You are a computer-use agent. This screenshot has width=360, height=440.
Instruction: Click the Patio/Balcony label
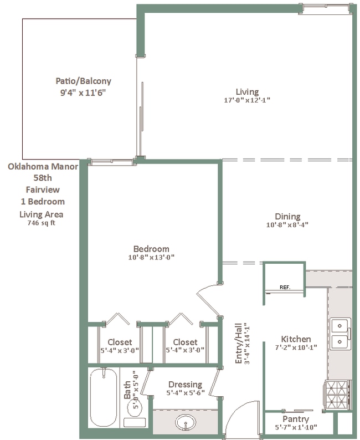point(83,81)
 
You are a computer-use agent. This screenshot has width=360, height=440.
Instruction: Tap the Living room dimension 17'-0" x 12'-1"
point(247,100)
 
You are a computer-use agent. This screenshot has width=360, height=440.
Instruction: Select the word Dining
point(287,217)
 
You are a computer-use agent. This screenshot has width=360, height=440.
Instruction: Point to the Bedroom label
point(151,249)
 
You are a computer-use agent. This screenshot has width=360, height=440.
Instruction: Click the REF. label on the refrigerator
point(285,288)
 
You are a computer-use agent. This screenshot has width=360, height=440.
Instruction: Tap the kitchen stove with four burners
point(337,395)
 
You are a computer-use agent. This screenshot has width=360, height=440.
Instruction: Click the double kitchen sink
point(340,334)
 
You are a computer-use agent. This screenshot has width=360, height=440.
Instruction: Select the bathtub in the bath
point(104,398)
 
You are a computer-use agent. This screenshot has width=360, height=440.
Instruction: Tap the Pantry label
point(296,419)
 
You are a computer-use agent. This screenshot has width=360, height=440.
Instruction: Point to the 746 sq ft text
point(41,223)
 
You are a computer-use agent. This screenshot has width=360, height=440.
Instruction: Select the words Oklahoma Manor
point(43,166)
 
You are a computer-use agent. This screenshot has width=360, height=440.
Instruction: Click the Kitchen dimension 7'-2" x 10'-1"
point(296,347)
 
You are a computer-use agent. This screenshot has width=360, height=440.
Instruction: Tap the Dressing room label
point(185,385)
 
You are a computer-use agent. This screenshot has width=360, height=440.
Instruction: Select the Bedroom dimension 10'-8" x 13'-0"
point(151,257)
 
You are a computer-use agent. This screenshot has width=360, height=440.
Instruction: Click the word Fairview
point(43,190)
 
